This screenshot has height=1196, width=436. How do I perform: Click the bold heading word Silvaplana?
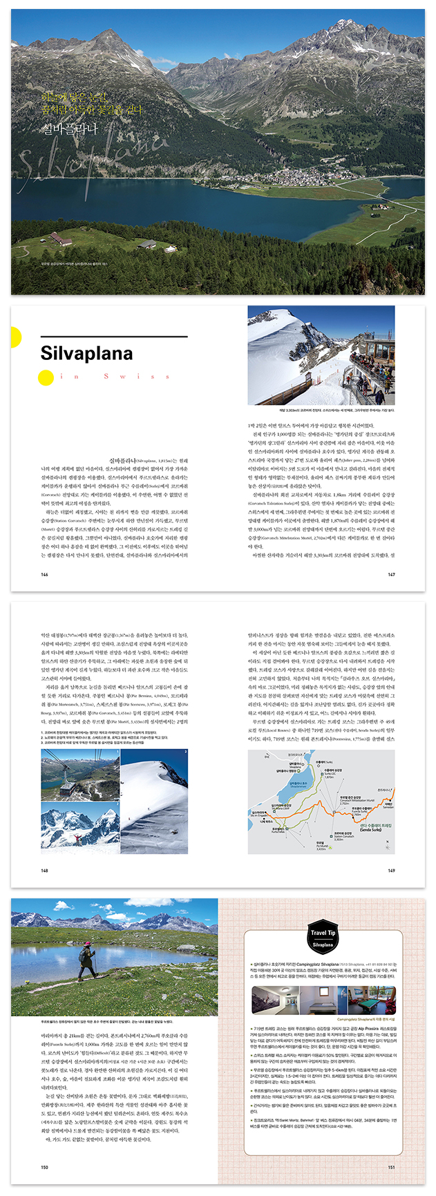[x=86, y=354]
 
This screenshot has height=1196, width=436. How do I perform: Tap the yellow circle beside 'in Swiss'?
[x=46, y=377]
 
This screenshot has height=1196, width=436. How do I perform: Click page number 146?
[x=45, y=574]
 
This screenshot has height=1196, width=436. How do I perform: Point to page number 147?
[x=391, y=574]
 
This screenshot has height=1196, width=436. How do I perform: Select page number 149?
[x=391, y=871]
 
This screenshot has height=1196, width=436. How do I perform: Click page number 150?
[x=45, y=1167]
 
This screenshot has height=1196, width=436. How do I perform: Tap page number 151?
[x=391, y=1167]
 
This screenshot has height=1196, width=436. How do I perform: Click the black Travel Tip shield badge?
[x=323, y=938]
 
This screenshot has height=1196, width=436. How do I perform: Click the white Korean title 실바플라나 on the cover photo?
[x=70, y=128]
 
